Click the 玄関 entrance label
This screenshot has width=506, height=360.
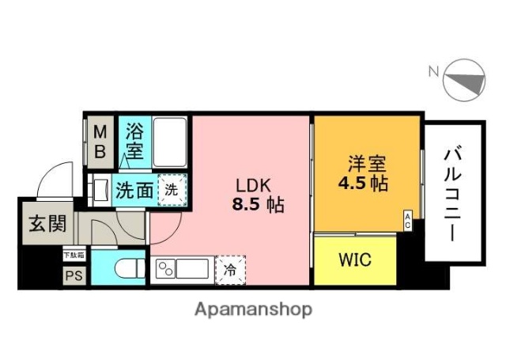click(x=49, y=223)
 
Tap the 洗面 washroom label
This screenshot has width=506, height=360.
click(x=134, y=190)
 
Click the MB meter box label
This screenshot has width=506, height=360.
click(x=101, y=141)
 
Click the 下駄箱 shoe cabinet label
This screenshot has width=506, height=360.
click(x=74, y=256)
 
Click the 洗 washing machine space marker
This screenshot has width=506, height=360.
click(x=171, y=189)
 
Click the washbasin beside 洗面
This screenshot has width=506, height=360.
click(x=100, y=191)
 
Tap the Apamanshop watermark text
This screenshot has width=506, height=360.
click(x=253, y=309)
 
